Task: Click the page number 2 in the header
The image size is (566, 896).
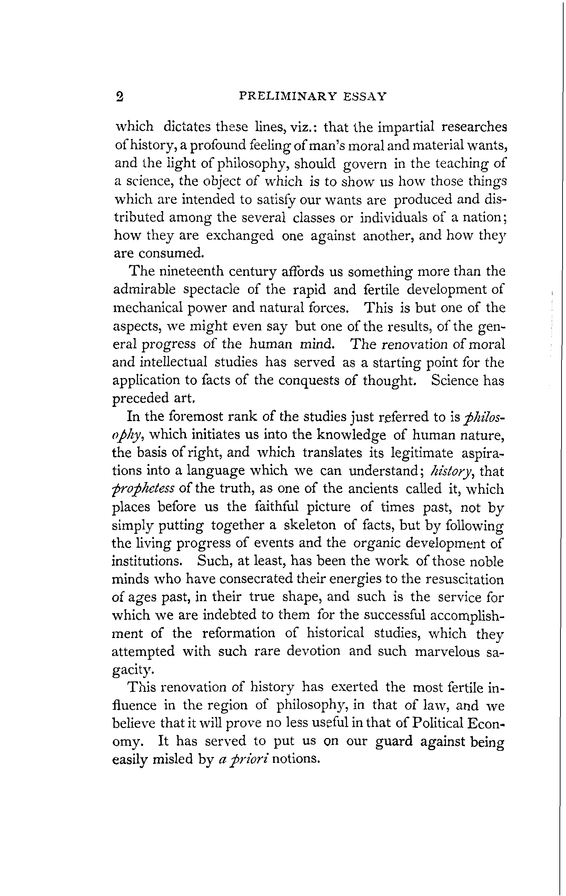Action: click(x=119, y=97)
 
